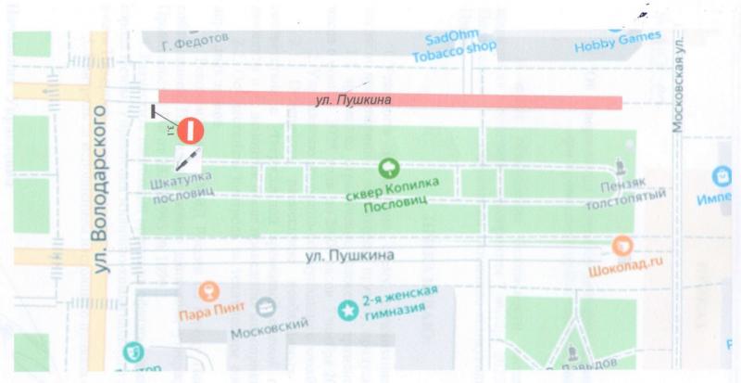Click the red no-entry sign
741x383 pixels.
189,129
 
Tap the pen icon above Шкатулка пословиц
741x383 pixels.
188,157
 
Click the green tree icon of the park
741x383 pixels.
388,167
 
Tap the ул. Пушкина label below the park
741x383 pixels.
351,254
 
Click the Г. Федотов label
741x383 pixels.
194,43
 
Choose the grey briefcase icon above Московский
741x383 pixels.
266,307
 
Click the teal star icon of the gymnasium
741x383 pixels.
347,309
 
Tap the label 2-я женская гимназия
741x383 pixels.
399,301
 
